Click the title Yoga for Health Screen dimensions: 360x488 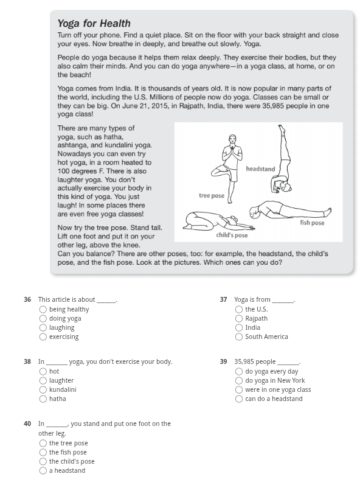pyautogui.click(x=94, y=23)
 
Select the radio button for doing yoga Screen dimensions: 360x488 pyautogui.click(x=43, y=318)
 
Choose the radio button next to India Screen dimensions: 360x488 pyautogui.click(x=239, y=327)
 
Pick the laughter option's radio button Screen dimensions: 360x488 pyautogui.click(x=43, y=380)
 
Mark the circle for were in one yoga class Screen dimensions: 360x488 pyautogui.click(x=239, y=389)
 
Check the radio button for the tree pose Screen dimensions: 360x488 pyautogui.click(x=43, y=443)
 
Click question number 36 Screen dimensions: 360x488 pyautogui.click(x=27, y=299)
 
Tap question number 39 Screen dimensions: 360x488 pyautogui.click(x=223, y=361)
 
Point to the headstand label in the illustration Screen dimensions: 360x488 pyautogui.click(x=260, y=169)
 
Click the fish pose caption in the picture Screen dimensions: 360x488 pyautogui.click(x=312, y=223)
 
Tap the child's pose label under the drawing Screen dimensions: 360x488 pyautogui.click(x=232, y=235)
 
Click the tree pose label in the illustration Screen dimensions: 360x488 pyautogui.click(x=212, y=195)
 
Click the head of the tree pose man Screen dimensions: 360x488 pyautogui.click(x=232, y=139)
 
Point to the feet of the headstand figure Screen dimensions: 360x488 pyautogui.click(x=282, y=128)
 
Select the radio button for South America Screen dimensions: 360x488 pyautogui.click(x=239, y=336)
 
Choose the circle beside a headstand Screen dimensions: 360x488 pyautogui.click(x=43, y=470)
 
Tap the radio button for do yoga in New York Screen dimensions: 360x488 pyautogui.click(x=239, y=380)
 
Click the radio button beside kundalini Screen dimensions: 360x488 pyautogui.click(x=43, y=389)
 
